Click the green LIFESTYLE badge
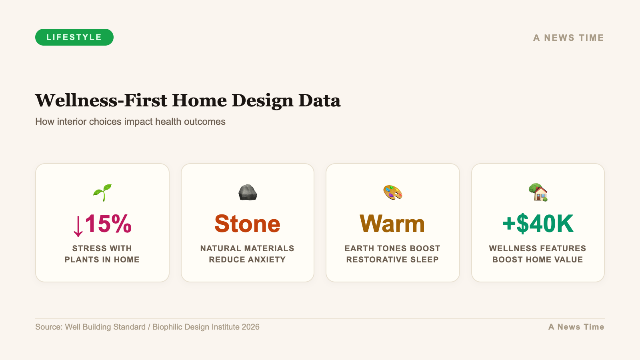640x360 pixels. [x=74, y=37]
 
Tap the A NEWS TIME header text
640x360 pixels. [x=568, y=38]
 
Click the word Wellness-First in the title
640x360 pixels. [x=101, y=100]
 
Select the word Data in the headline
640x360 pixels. [x=320, y=100]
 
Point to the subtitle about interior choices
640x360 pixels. [x=130, y=122]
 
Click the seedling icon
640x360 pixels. [x=102, y=192]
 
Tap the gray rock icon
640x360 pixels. [x=248, y=192]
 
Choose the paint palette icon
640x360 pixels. [x=392, y=192]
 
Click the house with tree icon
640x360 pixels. [x=538, y=192]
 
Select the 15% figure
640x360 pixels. [x=108, y=224]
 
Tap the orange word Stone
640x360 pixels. [x=248, y=224]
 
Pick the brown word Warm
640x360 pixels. [x=392, y=224]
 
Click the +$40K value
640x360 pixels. [x=538, y=224]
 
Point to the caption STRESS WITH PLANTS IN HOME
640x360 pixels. [x=102, y=254]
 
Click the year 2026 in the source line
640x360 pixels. [x=250, y=327]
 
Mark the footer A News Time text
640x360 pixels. [x=576, y=327]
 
